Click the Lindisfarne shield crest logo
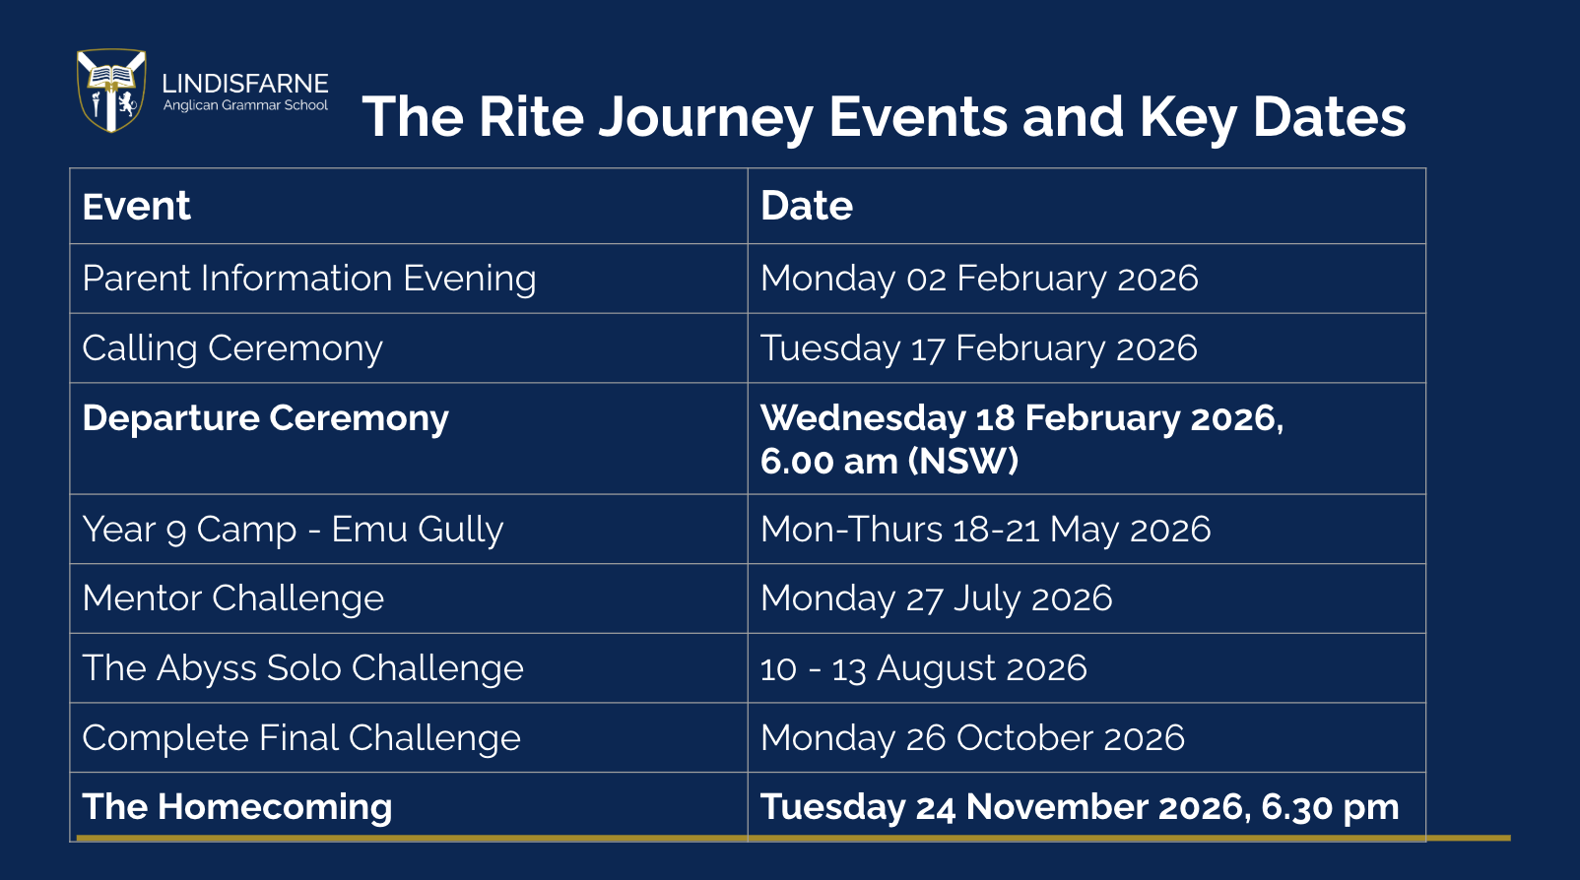[x=111, y=91]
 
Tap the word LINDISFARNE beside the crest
[x=245, y=84]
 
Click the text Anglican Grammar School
[x=245, y=105]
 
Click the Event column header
[x=136, y=207]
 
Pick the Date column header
[x=806, y=206]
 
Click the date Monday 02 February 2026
[x=979, y=279]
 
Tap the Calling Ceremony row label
[x=232, y=348]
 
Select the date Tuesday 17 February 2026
[x=978, y=348]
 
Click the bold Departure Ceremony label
[x=265, y=419]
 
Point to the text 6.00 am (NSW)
[x=889, y=461]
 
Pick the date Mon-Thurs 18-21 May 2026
[x=985, y=530]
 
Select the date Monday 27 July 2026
[x=936, y=598]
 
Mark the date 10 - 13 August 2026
[x=923, y=667]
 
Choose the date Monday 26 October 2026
[x=972, y=737]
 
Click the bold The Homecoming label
[x=237, y=807]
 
